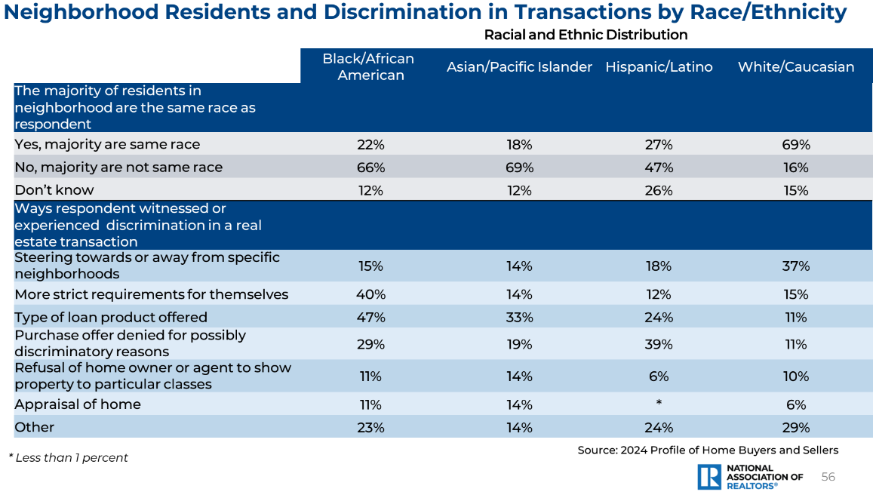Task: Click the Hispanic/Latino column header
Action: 659,67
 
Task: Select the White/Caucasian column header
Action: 796,67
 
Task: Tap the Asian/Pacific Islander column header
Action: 519,67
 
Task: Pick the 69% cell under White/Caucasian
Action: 796,144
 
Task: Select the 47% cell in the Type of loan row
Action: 370,317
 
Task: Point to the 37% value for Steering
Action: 796,266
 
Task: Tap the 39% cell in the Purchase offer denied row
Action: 659,344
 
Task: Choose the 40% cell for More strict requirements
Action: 370,294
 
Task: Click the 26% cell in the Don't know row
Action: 659,191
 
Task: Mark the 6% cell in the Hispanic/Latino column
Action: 659,377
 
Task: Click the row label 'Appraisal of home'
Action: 78,404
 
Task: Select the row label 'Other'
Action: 35,427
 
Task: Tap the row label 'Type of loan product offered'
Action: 111,317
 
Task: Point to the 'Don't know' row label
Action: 54,190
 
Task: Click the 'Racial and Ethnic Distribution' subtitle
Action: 586,35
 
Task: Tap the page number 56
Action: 828,477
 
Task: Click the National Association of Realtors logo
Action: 750,477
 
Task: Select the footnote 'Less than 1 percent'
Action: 69,457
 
